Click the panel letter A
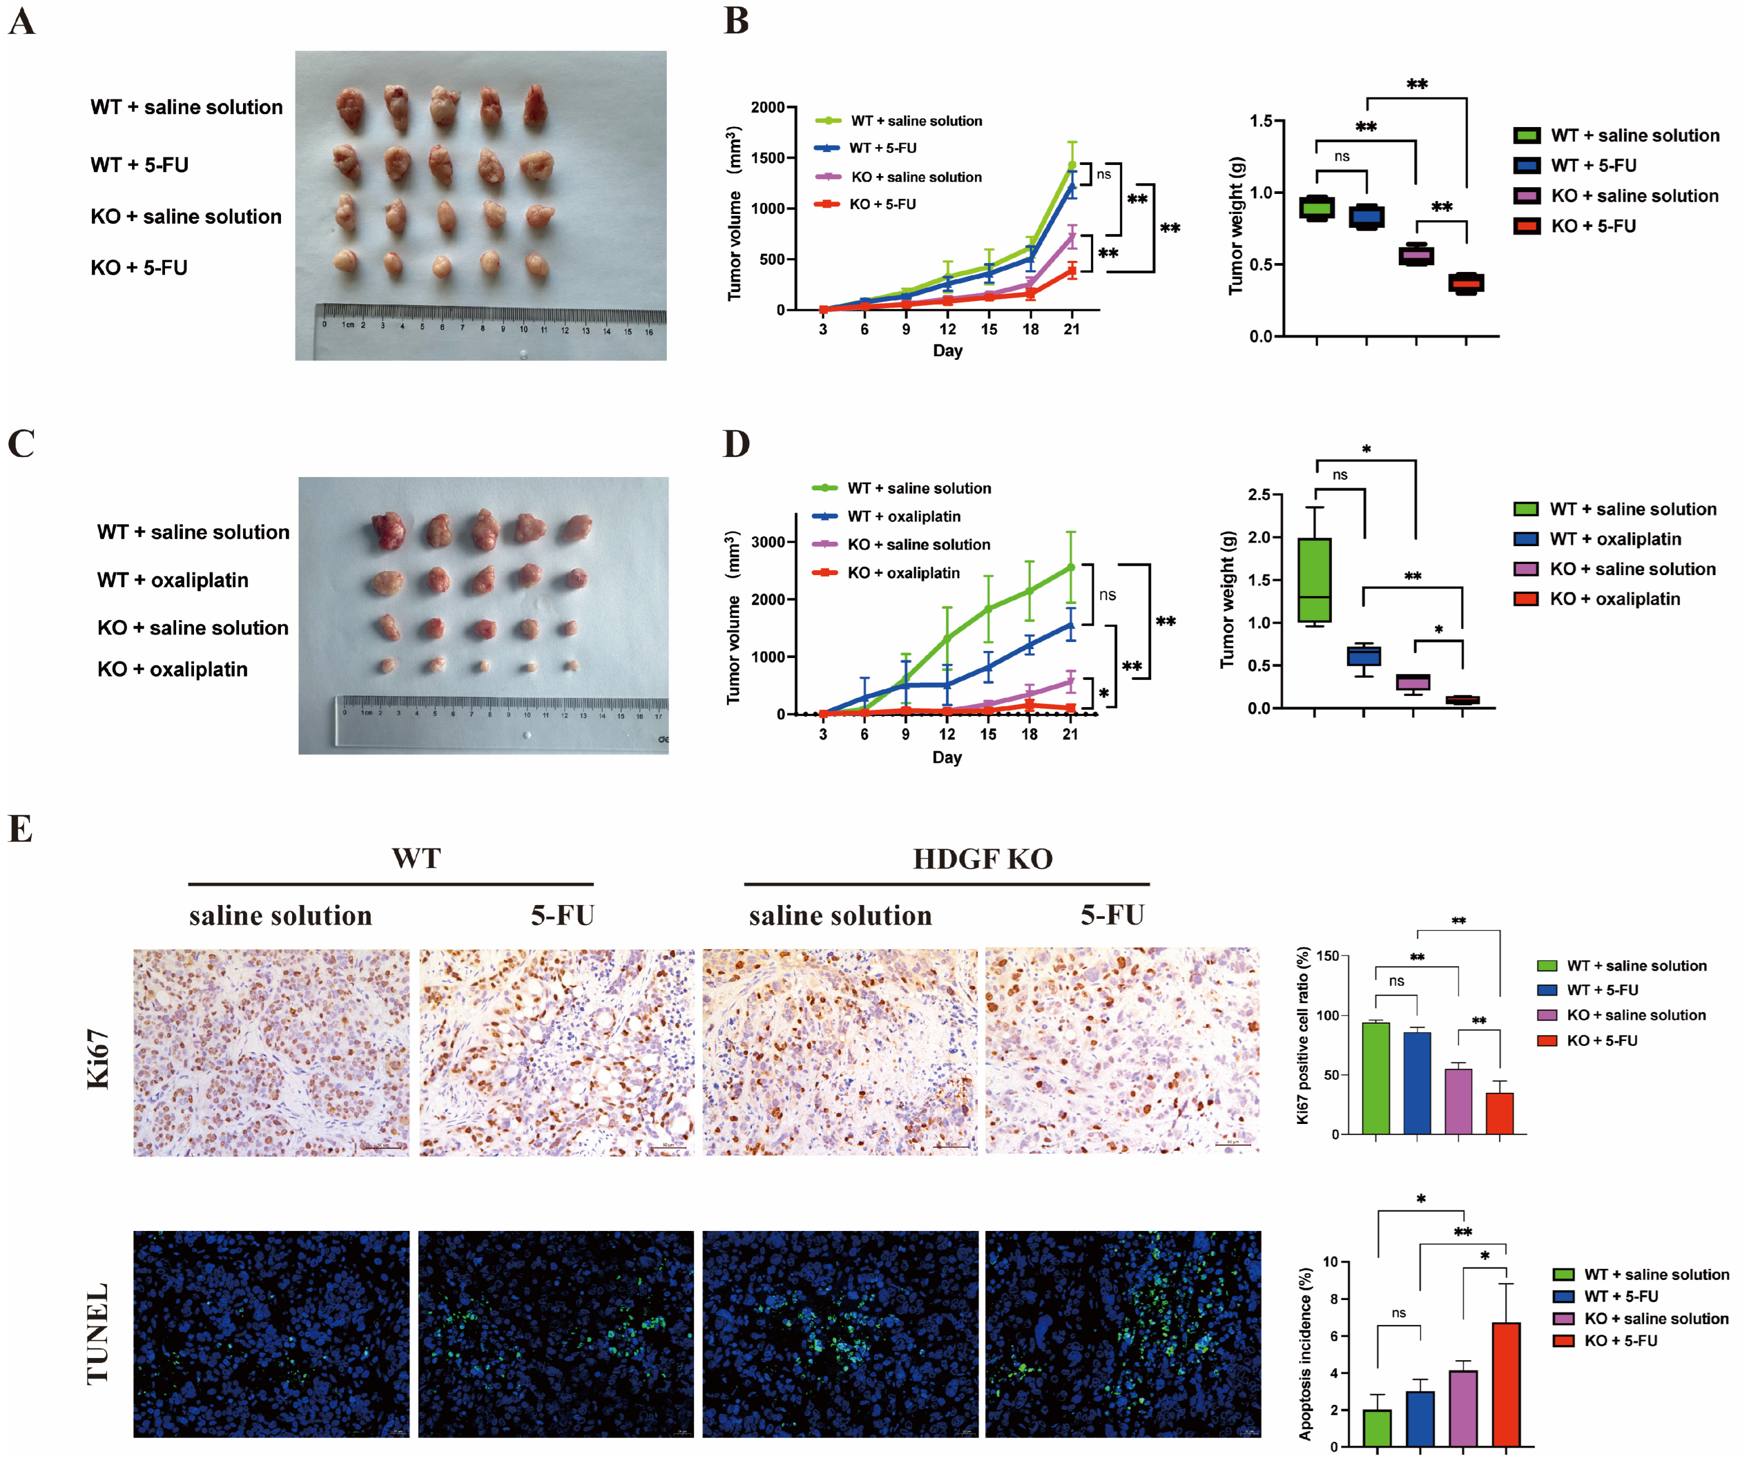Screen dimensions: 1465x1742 pyautogui.click(x=22, y=21)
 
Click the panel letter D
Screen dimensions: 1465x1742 pyautogui.click(x=736, y=444)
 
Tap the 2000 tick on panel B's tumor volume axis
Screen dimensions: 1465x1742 pyautogui.click(x=768, y=107)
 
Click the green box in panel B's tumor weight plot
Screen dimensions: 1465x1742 pyautogui.click(x=1317, y=208)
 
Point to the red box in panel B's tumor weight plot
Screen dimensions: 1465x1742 pyautogui.click(x=1466, y=283)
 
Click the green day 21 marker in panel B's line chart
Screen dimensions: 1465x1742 pyautogui.click(x=1071, y=166)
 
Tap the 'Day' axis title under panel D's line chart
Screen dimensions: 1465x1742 pyautogui.click(x=947, y=757)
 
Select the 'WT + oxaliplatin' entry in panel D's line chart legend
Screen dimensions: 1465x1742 pyautogui.click(x=903, y=517)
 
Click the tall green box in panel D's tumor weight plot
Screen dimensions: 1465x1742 pyautogui.click(x=1314, y=580)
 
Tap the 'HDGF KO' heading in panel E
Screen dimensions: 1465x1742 pyautogui.click(x=983, y=859)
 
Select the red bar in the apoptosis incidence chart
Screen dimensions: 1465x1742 pyautogui.click(x=1506, y=1384)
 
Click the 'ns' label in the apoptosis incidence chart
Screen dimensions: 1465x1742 pyautogui.click(x=1399, y=1313)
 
